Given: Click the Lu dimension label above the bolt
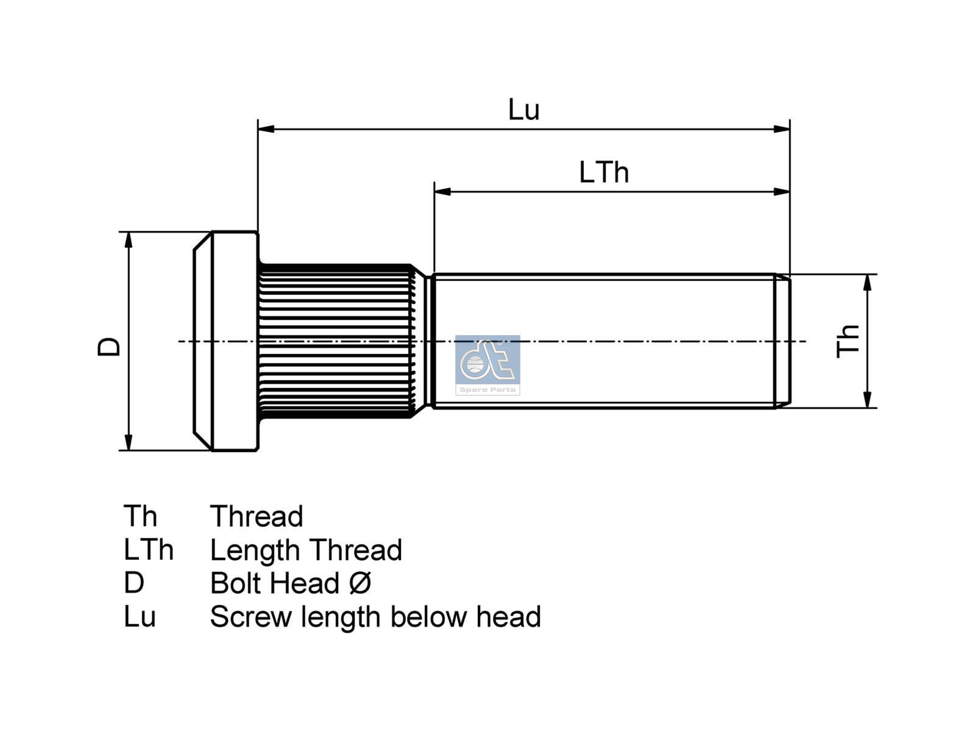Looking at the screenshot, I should coord(523,110).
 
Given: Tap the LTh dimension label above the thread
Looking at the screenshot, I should coord(603,172).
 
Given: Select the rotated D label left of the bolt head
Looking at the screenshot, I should coord(110,346).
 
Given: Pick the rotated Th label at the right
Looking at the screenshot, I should coord(848,341).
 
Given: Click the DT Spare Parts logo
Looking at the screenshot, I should coord(487,364).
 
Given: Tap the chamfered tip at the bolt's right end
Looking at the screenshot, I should coord(782,341).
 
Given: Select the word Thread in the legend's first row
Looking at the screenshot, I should coord(257,517).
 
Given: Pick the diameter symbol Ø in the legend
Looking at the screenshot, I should coord(360,583).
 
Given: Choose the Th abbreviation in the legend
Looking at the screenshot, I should coord(140,517).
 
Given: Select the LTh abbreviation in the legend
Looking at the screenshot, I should coord(148,550).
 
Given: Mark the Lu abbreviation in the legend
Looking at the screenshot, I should coord(140,616).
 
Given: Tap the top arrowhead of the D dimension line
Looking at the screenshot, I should coord(129,239).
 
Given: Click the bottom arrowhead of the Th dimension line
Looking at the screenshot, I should coord(868,400).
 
